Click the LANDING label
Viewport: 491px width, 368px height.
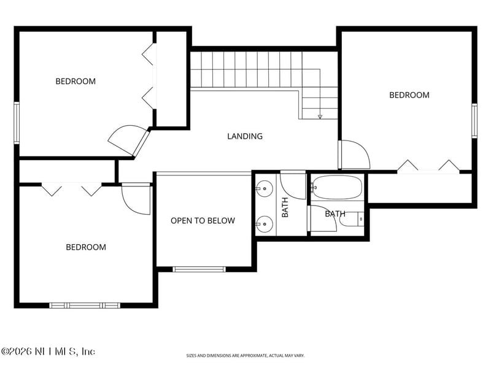coord(245,136)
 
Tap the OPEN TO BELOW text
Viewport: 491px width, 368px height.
coord(203,221)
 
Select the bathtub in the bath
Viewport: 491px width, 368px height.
coord(337,188)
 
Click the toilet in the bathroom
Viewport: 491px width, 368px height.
coord(352,219)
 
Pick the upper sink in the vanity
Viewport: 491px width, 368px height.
coord(265,189)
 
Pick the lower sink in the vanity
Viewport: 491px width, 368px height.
coord(265,224)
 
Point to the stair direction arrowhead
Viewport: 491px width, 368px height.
coord(320,117)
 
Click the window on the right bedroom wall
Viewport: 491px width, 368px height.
coord(474,121)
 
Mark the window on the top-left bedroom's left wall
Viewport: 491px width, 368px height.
coord(17,123)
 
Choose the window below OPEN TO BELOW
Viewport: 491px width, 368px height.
coord(199,269)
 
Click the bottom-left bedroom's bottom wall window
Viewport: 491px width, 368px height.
coord(85,305)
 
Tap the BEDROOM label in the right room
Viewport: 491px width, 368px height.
coord(409,95)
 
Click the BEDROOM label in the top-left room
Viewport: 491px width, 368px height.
coord(75,82)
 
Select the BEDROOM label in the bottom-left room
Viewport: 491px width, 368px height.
coord(86,247)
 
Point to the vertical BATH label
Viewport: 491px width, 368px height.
coord(285,207)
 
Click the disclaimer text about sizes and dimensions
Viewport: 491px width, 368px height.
coord(245,356)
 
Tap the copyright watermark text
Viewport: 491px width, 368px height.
coord(48,351)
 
